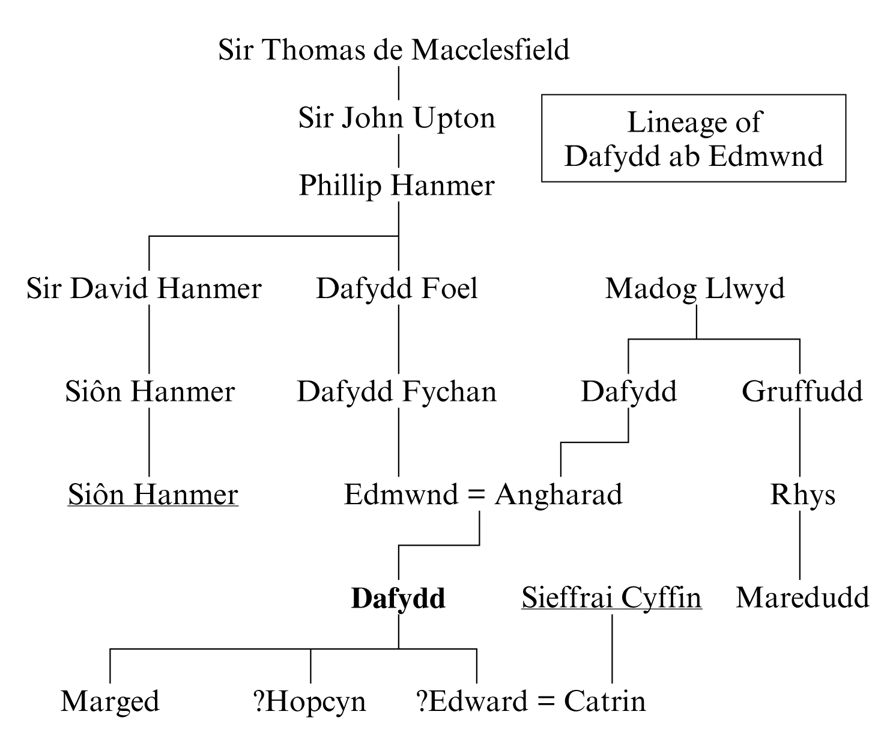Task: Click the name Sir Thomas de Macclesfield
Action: tap(394, 50)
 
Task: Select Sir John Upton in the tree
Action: tap(396, 118)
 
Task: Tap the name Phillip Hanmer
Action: tap(396, 186)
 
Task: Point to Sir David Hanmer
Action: tap(144, 288)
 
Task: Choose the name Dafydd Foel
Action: tap(397, 288)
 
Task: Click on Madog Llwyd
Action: tap(695, 289)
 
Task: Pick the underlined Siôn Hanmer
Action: tap(153, 495)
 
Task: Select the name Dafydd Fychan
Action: tap(397, 392)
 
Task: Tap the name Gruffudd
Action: tap(802, 391)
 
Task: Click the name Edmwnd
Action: tap(401, 495)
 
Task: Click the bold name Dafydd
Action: tap(398, 598)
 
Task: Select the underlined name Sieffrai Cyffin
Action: tap(612, 599)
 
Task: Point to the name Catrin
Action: tap(605, 702)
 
